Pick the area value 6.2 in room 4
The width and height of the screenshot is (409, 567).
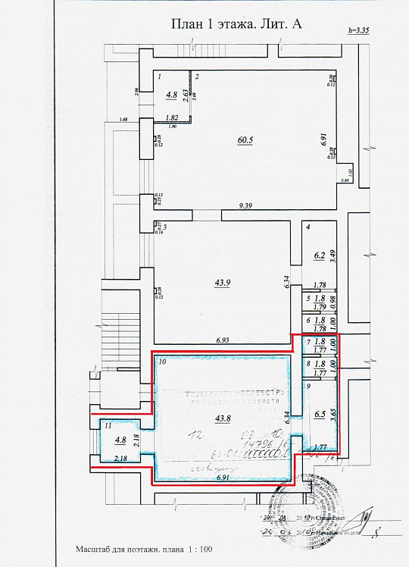[x=320, y=255]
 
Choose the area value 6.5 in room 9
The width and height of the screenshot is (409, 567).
[x=320, y=415]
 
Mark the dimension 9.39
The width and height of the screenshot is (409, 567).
[x=245, y=206]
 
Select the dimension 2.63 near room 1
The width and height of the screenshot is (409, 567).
[x=186, y=94]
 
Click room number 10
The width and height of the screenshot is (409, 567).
[x=161, y=363]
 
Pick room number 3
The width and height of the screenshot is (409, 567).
[x=164, y=227]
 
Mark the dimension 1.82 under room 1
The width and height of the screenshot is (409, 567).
[x=171, y=118]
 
